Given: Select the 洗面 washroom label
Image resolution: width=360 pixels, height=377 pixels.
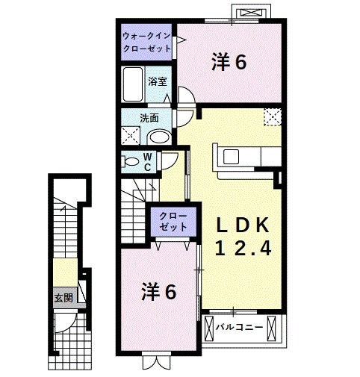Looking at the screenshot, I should [149, 117].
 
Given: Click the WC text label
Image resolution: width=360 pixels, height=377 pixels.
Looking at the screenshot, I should [149, 162].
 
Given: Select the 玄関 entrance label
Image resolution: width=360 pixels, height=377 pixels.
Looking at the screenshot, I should [63, 297].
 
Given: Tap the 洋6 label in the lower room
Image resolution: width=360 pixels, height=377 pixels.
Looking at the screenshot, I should [160, 292].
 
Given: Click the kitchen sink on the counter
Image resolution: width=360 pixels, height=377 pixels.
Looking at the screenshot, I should [229, 157].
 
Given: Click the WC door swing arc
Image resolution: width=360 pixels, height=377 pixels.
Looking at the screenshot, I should [171, 159].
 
